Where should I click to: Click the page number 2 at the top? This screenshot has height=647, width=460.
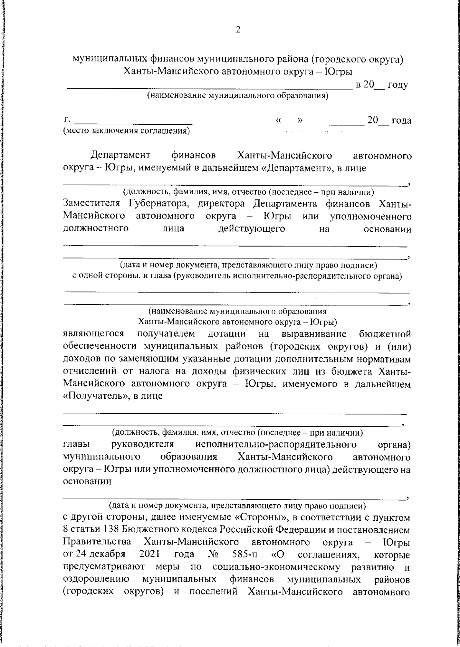tap(238, 30)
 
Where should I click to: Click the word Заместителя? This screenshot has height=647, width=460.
tap(91, 203)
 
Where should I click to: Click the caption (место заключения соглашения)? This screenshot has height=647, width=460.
tap(126, 131)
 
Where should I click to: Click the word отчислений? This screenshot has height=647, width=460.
tap(90, 371)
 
